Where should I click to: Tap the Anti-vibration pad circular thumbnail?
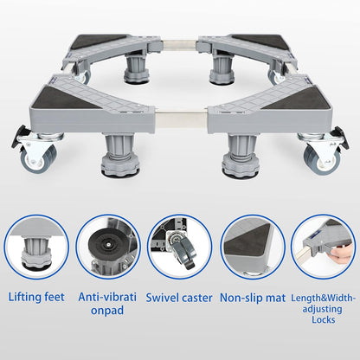(108, 246)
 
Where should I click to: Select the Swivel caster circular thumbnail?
(180, 246)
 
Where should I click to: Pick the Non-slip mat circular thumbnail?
(251, 246)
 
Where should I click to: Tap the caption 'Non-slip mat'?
(253, 297)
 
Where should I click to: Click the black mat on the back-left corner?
(102, 41)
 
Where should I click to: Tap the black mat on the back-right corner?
(257, 41)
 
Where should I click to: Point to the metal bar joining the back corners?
(179, 40)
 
